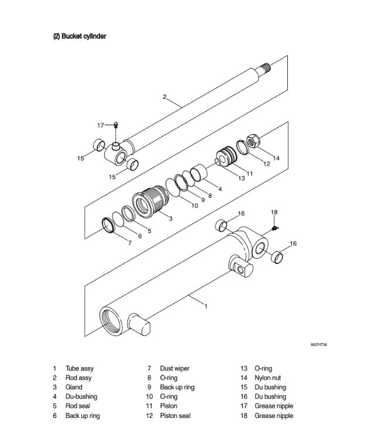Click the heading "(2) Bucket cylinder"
tap(80, 36)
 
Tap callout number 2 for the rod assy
tap(164, 97)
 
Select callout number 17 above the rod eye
tap(101, 125)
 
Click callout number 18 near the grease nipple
tap(273, 211)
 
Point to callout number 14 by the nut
tap(276, 157)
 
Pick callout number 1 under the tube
tap(205, 306)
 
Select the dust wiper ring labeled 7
tap(108, 224)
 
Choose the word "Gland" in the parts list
tap(74, 388)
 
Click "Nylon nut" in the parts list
tap(267, 378)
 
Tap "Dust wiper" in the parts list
tap(174, 369)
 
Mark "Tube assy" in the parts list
tap(79, 369)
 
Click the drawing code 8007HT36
tap(319, 345)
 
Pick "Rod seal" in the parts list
tap(78, 406)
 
